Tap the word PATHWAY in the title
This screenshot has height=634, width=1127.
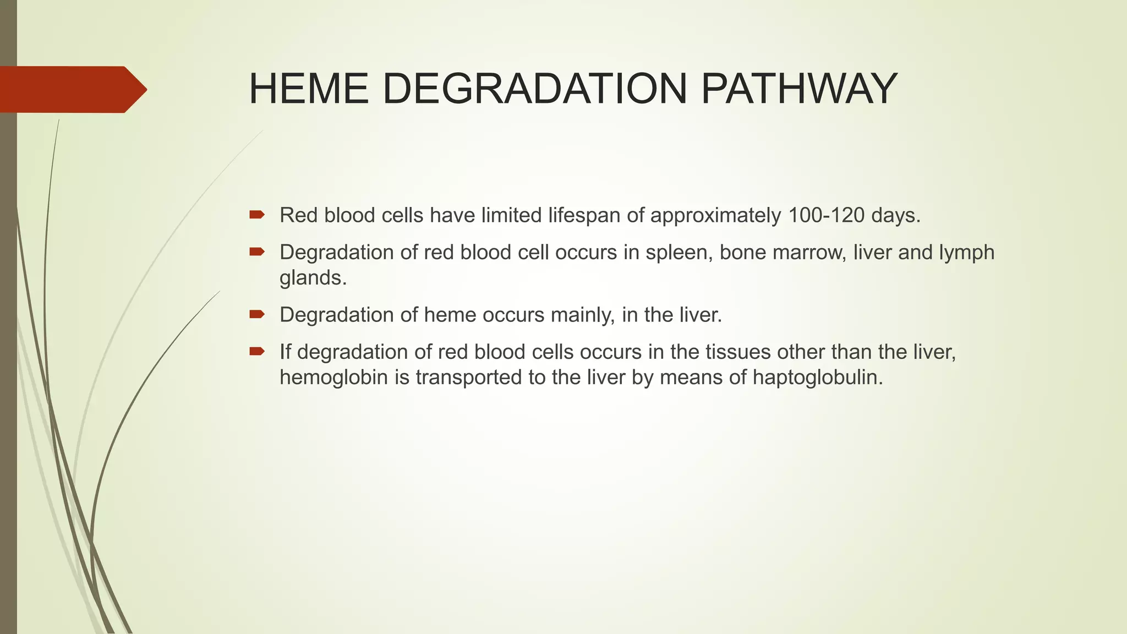tap(798, 89)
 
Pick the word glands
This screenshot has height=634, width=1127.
tap(313, 278)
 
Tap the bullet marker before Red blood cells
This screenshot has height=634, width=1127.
tap(257, 215)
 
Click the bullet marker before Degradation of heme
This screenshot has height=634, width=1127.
tap(257, 314)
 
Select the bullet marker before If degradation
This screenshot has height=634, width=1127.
tap(257, 351)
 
